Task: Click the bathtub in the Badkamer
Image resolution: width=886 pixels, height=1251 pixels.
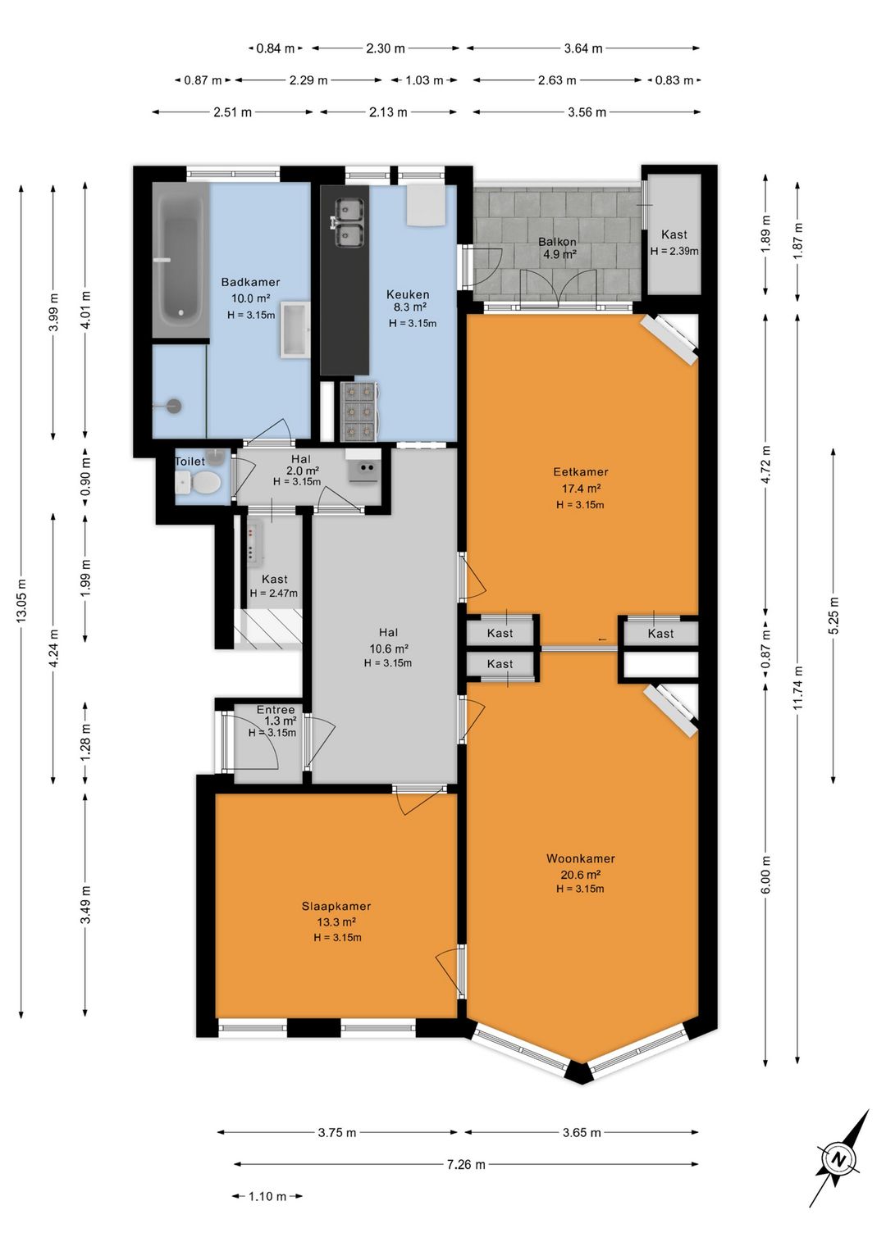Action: pos(180,260)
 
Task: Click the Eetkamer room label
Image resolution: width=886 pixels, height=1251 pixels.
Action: pos(580,472)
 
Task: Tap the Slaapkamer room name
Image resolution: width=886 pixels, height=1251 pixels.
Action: pos(336,907)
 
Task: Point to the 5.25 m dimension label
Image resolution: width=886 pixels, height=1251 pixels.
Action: pos(834,615)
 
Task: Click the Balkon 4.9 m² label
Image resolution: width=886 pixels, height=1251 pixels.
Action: pos(557,248)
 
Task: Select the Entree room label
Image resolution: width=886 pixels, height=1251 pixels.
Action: pos(276,710)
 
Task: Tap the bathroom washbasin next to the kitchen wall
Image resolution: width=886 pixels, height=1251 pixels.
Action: pos(295,329)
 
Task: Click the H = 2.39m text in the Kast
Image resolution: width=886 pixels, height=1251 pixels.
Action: pos(674,252)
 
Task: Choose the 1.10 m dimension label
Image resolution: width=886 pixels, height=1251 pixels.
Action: pos(267,1196)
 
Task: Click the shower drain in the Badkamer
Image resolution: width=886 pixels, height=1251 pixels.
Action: pos(175,406)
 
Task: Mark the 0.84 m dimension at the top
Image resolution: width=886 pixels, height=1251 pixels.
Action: pos(275,48)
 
